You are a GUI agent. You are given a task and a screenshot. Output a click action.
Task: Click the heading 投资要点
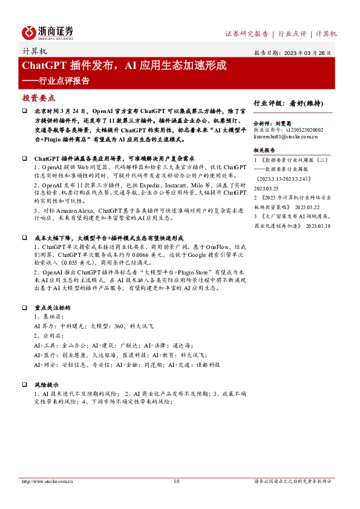[x=38, y=97]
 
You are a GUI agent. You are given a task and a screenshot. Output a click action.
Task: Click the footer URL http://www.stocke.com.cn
[x=47, y=482]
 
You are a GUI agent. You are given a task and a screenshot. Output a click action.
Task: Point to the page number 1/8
[x=177, y=482]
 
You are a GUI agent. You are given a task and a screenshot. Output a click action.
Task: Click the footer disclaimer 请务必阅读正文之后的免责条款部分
[x=292, y=482]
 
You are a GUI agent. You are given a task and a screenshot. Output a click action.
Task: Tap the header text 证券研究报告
[x=246, y=34]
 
